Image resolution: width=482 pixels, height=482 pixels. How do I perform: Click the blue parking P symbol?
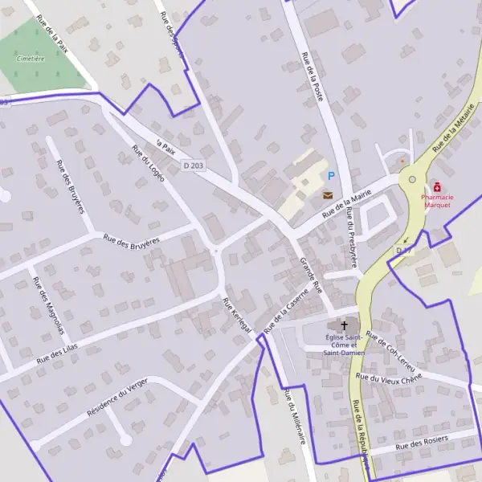tap(329, 175)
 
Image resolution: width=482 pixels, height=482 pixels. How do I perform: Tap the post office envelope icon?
tap(328, 194)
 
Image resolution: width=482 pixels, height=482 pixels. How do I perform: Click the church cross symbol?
tap(345, 325)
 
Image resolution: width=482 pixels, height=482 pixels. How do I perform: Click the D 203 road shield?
tap(193, 165)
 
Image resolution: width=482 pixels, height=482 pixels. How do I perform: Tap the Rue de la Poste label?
tap(312, 76)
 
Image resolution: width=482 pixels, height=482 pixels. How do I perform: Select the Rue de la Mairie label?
tap(346, 204)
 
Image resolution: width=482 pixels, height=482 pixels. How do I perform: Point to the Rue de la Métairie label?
tap(453, 132)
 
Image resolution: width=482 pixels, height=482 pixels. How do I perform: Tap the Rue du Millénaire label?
tap(294, 416)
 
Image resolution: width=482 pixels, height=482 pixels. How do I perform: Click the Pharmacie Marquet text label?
tap(437, 201)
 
